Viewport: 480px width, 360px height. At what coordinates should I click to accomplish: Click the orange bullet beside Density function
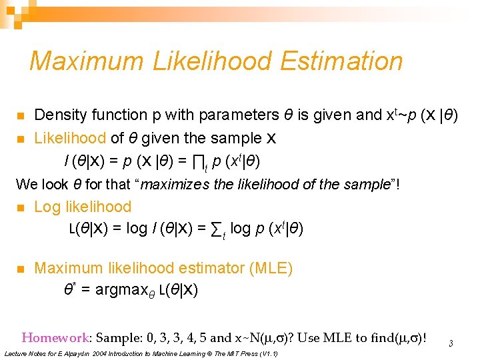(20, 116)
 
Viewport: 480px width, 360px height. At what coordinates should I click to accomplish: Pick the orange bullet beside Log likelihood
(20, 207)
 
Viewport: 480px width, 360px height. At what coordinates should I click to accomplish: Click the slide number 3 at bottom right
(451, 344)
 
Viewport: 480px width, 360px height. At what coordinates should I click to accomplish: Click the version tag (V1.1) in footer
(265, 353)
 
